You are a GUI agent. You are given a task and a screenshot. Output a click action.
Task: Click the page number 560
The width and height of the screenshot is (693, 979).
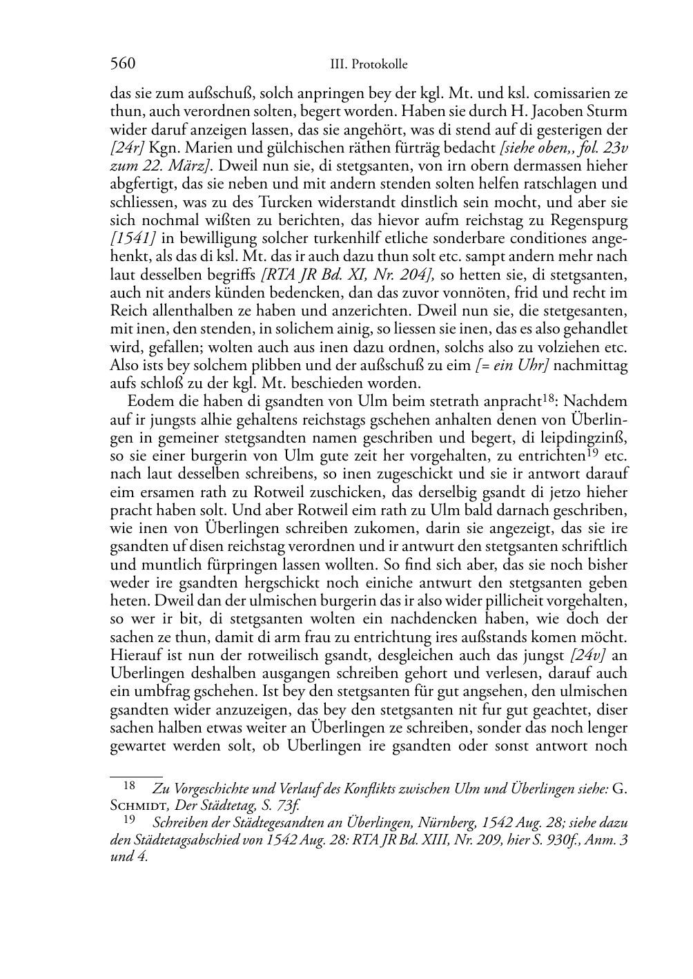122,64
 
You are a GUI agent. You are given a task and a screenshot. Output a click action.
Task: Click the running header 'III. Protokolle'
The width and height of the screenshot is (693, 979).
369,65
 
